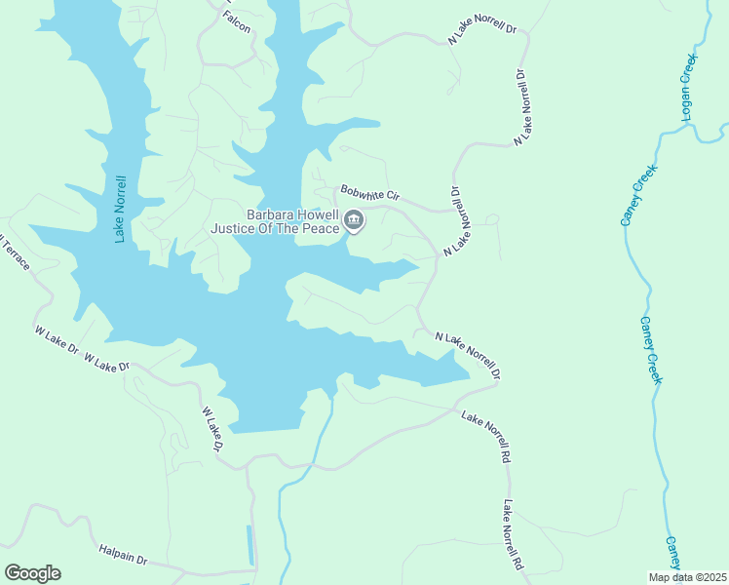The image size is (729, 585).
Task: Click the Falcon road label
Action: tap(236, 23)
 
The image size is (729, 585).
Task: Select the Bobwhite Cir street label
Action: tap(369, 194)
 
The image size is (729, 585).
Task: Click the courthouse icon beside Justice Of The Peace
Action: tap(354, 222)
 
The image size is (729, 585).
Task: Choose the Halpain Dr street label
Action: tap(122, 555)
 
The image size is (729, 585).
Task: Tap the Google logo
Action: tap(32, 572)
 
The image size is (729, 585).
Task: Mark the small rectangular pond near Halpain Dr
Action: tap(250, 545)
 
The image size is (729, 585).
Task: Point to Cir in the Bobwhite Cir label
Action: tap(392, 197)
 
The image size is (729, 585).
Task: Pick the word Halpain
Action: tap(115, 554)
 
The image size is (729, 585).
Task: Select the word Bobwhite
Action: tap(361, 192)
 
